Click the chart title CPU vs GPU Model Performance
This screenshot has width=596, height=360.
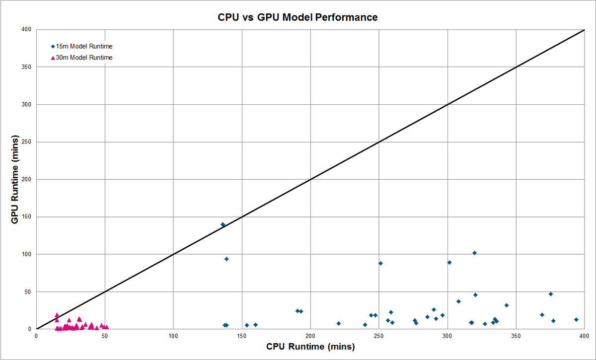(x=298, y=17)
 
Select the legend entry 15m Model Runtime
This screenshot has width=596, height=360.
(x=84, y=46)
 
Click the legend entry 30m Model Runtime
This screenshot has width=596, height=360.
(x=84, y=58)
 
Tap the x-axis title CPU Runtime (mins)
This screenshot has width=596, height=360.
(x=310, y=347)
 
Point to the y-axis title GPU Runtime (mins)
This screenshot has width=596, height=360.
(x=15, y=179)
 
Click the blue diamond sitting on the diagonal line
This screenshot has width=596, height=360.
(x=223, y=224)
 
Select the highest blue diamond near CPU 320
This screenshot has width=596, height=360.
(x=474, y=253)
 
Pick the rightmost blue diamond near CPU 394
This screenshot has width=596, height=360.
(x=576, y=319)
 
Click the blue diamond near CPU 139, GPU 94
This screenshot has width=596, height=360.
(x=226, y=259)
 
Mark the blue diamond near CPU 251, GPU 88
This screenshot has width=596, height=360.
(x=380, y=263)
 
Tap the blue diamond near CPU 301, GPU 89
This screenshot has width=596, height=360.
(x=449, y=262)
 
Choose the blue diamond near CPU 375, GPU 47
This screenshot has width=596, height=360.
(x=550, y=294)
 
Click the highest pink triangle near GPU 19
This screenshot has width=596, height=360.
(x=57, y=315)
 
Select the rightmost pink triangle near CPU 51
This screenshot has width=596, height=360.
(x=106, y=327)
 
